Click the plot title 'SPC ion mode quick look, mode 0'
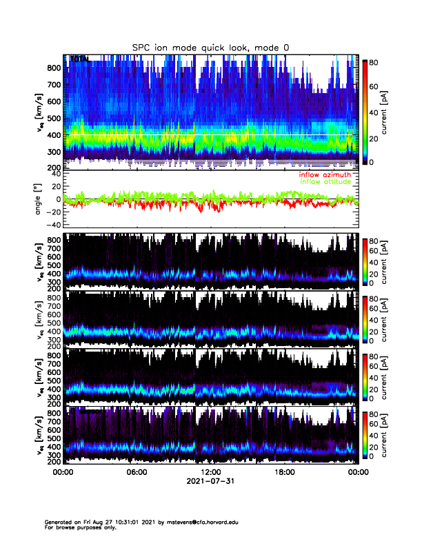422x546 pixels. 210,47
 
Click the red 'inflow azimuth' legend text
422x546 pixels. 324,175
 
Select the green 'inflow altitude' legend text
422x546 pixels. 325,182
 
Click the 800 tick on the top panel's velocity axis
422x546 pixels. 54,68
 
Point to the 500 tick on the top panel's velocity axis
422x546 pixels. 54,118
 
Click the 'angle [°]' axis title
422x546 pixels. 38,199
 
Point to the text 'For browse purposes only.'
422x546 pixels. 79,527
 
